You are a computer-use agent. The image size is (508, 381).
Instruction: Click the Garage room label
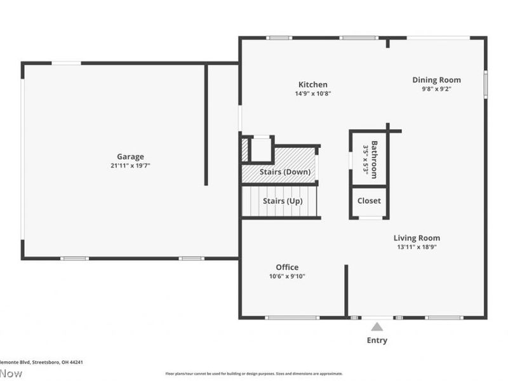tap(130, 156)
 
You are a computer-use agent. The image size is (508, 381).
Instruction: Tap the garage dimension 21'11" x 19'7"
tap(130, 166)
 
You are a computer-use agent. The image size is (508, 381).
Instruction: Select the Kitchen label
tap(313, 84)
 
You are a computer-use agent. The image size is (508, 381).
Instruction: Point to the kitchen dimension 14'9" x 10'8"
tap(313, 93)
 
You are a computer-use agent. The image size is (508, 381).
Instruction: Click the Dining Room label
tap(436, 80)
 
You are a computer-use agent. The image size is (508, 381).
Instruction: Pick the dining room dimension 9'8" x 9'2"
tap(436, 89)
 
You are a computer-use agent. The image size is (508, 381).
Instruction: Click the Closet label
tap(369, 201)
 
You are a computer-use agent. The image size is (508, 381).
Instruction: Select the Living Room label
tap(417, 238)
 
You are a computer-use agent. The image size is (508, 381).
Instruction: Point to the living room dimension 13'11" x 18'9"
tap(417, 247)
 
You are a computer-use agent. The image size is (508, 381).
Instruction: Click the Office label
tap(287, 267)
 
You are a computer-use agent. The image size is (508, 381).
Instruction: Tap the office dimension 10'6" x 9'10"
tap(287, 276)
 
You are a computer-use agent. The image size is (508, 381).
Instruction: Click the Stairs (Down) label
tap(285, 172)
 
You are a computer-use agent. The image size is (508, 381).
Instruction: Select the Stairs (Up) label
tap(283, 201)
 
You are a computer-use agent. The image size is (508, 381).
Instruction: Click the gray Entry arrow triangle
tap(377, 327)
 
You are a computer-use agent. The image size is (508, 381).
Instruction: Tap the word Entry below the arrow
tap(377, 340)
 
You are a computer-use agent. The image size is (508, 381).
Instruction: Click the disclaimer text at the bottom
tap(254, 373)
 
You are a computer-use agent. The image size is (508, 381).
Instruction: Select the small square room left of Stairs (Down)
tap(261, 149)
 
